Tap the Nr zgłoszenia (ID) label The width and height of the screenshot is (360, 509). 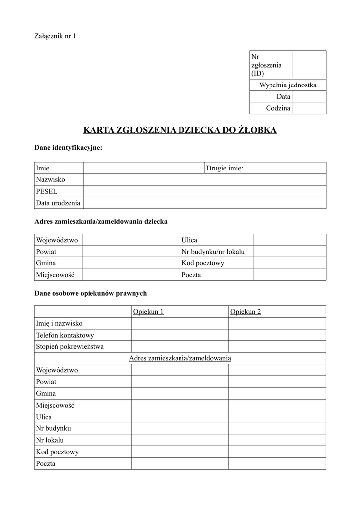267,65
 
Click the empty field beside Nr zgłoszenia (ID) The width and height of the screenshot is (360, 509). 309,65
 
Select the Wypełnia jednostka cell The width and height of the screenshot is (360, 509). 287,85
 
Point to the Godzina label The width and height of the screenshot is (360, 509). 278,108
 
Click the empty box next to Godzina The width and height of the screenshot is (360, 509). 309,108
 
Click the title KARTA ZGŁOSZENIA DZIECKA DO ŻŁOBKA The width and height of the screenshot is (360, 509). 180,131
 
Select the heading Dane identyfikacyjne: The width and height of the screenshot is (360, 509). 68,148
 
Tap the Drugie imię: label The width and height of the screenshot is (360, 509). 225,169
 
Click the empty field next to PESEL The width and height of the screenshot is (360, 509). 204,191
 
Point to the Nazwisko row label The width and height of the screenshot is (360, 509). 51,180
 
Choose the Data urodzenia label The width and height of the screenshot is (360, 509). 58,203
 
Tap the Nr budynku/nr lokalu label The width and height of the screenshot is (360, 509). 217,252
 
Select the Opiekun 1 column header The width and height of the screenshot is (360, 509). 148,312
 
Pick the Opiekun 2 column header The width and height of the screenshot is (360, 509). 246,312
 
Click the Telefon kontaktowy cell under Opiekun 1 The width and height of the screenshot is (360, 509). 180,335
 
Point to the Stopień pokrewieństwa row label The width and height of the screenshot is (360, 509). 70,346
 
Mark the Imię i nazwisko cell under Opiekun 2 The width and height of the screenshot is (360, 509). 277,323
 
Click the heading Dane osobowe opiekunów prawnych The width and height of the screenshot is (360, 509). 90,293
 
